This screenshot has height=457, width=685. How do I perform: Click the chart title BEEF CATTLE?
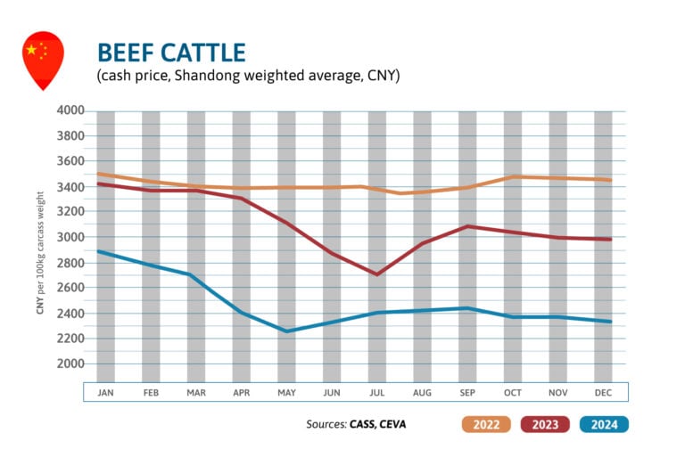[x=170, y=52]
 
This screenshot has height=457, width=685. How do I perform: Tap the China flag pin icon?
[x=43, y=59]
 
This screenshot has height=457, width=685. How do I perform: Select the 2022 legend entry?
[x=487, y=424]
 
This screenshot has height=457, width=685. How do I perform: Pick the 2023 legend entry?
[x=546, y=424]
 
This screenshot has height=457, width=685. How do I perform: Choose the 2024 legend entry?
[x=605, y=424]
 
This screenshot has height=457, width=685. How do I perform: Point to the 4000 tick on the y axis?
[x=70, y=110]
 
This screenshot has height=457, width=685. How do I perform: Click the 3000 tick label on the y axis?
[x=70, y=237]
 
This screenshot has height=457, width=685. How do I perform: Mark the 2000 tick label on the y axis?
[x=70, y=363]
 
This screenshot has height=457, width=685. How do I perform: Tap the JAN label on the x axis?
[x=105, y=392]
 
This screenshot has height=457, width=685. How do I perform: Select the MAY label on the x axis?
[x=286, y=392]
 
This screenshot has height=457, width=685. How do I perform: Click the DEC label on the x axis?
[x=603, y=392]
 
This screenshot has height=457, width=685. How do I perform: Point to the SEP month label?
[x=467, y=392]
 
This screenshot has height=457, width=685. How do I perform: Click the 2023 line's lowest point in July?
[x=376, y=274]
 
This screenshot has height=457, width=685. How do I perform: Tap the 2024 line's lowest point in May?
[x=286, y=331]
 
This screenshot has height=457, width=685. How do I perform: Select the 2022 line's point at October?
[x=513, y=176]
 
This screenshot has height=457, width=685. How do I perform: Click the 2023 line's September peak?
[x=467, y=226]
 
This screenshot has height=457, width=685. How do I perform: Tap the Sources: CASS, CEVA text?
[x=355, y=424]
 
